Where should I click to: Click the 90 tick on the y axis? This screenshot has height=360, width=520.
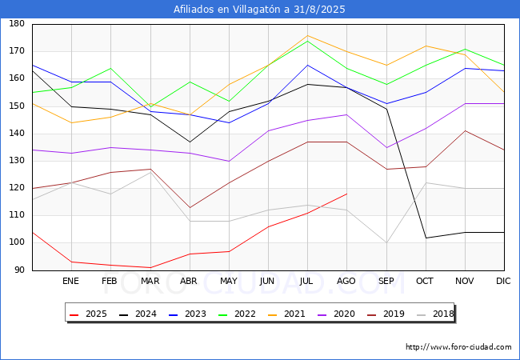[x=18, y=270]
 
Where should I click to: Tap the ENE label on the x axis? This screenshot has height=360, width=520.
[x=71, y=282]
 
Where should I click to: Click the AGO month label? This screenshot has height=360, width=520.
[x=346, y=282]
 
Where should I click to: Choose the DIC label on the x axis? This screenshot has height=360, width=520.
[x=503, y=282]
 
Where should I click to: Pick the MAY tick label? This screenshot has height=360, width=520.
[x=229, y=282]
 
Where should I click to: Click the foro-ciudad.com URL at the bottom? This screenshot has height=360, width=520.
[x=458, y=347]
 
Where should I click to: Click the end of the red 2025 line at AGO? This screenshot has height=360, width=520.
[x=346, y=194]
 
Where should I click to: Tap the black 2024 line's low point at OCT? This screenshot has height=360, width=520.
[x=426, y=238]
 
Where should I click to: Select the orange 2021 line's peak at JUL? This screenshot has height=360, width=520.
[x=307, y=35]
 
